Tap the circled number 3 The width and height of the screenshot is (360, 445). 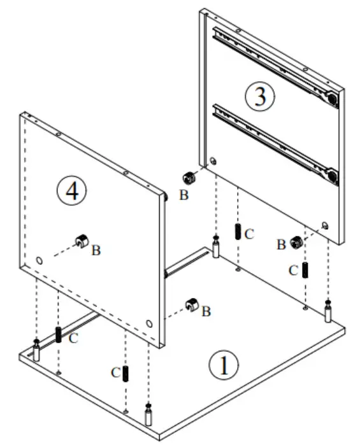(x=260, y=96)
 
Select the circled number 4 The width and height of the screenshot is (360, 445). (x=70, y=190)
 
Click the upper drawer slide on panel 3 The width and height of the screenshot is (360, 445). (x=274, y=63)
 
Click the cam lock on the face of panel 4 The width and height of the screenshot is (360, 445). (x=82, y=241)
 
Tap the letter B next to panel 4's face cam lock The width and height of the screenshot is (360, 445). (x=96, y=250)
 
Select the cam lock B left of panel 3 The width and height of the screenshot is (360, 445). (x=189, y=178)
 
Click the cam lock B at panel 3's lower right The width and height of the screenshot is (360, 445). (x=296, y=242)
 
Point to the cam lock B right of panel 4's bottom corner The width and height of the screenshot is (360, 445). (x=191, y=306)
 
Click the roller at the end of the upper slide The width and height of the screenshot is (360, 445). (x=331, y=98)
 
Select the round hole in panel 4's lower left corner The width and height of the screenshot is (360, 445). (x=40, y=261)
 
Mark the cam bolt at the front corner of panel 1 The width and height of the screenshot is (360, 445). (x=148, y=415)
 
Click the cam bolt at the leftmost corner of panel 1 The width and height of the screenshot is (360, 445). (x=36, y=351)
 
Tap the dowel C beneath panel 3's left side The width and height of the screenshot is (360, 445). (x=238, y=232)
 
